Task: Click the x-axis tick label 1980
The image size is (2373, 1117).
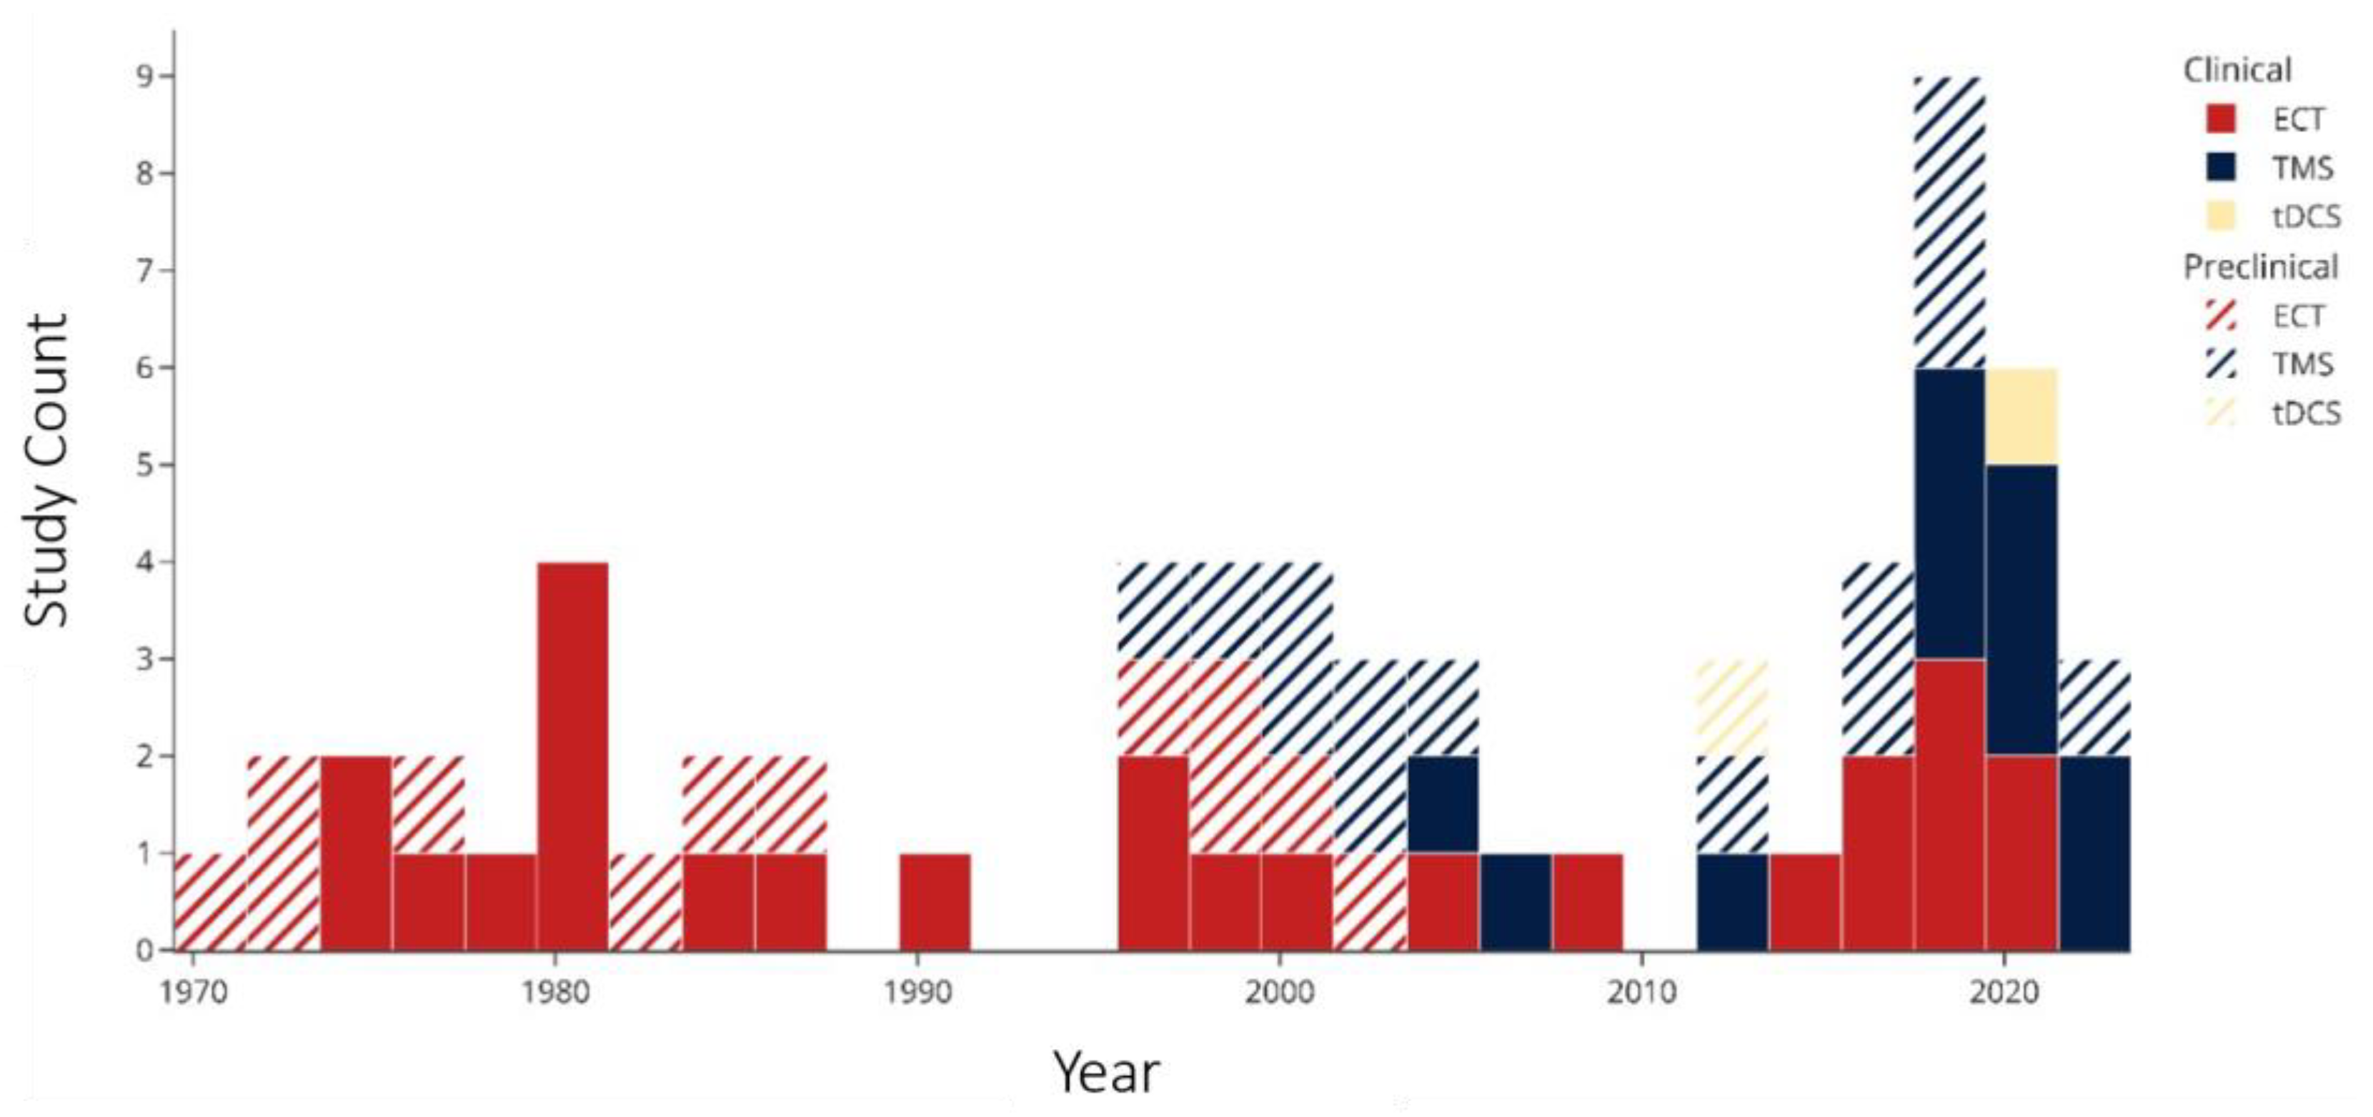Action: (554, 993)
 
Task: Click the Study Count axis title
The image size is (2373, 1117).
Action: (46, 471)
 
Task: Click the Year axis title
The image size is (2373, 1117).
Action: (1106, 1072)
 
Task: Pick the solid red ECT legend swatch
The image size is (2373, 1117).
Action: (2221, 119)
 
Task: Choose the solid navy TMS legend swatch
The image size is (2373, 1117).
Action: (2221, 168)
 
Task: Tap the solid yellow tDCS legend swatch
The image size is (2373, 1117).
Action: (2221, 217)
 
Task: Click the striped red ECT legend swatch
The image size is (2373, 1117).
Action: (2221, 315)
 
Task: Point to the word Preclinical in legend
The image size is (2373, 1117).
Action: (2261, 267)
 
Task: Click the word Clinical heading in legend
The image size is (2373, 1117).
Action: (2237, 70)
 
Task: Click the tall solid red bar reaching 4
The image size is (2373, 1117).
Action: (573, 755)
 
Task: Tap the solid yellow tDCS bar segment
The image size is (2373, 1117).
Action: (2022, 416)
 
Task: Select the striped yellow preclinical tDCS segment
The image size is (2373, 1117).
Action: (1733, 707)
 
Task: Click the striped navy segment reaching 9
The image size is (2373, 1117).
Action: (1950, 222)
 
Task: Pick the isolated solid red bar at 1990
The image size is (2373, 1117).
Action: (935, 901)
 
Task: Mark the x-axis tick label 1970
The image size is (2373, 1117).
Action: (194, 993)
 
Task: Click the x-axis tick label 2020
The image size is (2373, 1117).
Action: (2004, 993)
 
